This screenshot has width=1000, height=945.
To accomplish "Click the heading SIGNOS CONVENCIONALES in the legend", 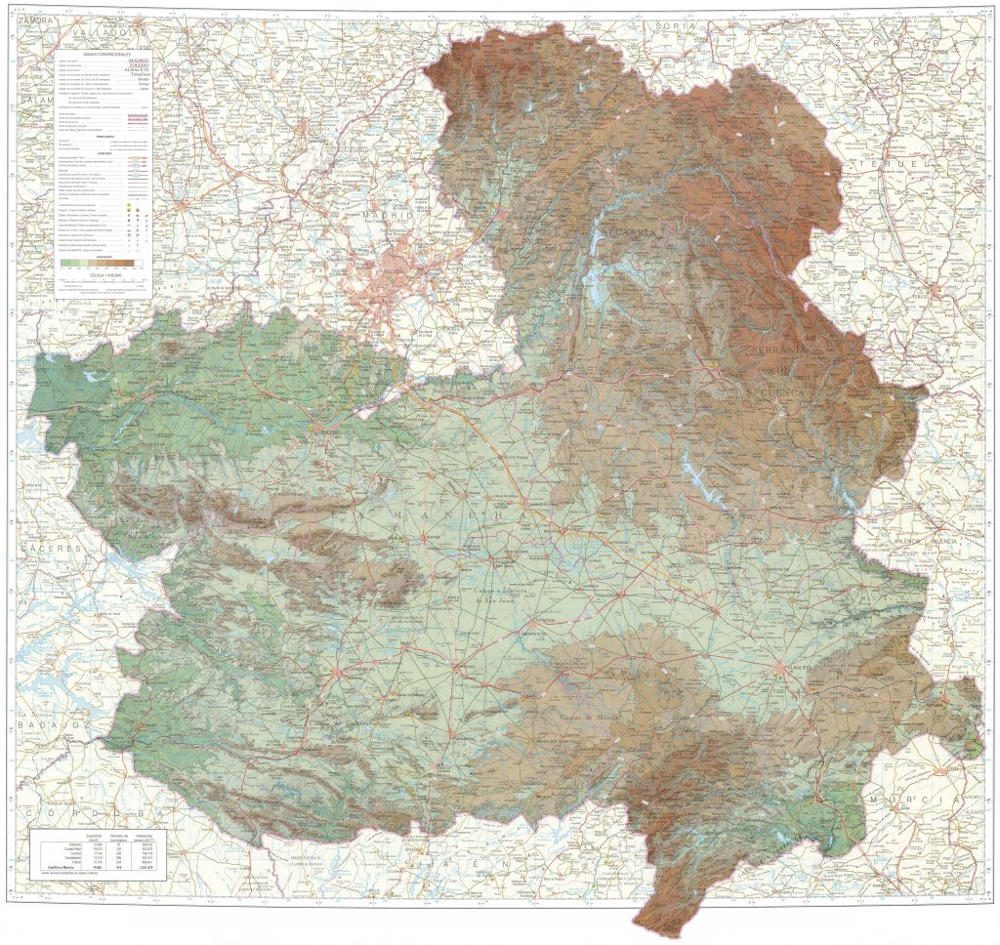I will coord(104,53).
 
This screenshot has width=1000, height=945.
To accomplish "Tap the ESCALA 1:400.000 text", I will coord(103,275).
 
